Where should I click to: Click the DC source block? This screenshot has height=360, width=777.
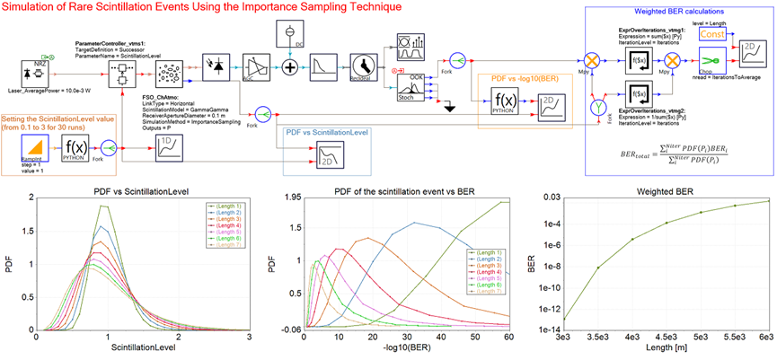(x=290, y=31)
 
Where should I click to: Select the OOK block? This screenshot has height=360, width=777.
(x=412, y=87)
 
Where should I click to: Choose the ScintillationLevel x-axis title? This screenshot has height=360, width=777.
(x=143, y=347)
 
